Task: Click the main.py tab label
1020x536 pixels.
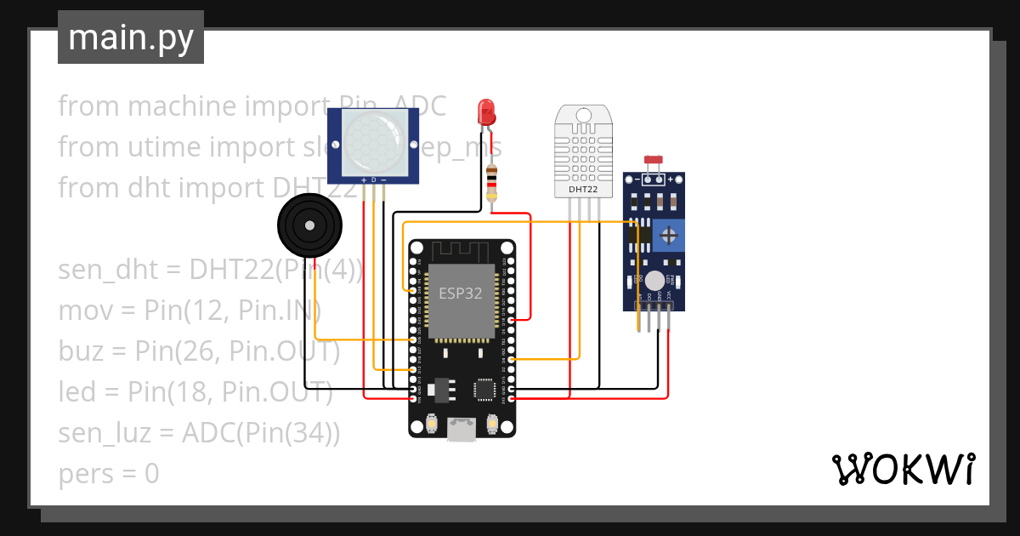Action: click(130, 37)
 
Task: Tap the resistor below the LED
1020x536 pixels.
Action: click(490, 183)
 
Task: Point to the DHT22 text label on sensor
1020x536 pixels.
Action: click(582, 190)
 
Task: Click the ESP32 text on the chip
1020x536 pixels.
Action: click(460, 294)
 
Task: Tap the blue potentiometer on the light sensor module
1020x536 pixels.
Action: click(670, 233)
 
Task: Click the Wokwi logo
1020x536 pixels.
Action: click(903, 469)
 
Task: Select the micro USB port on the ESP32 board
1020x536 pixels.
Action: click(462, 429)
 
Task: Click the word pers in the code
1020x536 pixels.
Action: click(82, 474)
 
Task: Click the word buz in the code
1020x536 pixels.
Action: click(78, 351)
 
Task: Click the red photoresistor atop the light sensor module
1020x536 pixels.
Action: click(654, 160)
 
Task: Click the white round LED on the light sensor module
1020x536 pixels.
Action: click(654, 281)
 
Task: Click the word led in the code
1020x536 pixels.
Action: click(78, 392)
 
